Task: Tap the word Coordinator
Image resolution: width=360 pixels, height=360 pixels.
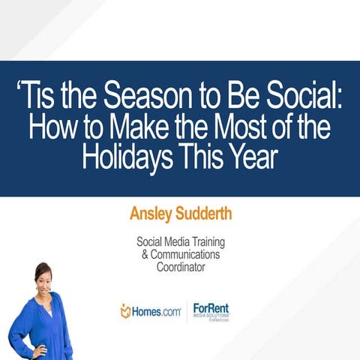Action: coord(180,268)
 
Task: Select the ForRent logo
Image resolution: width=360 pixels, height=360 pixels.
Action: coord(211,310)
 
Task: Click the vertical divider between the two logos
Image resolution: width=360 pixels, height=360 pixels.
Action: coord(186,310)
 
